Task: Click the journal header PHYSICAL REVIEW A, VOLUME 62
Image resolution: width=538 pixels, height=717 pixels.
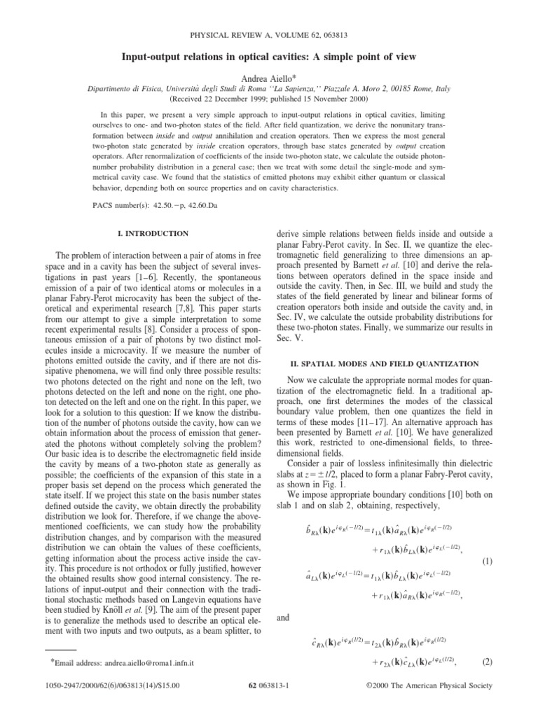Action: point(268,34)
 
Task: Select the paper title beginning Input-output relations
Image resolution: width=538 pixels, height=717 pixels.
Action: point(268,56)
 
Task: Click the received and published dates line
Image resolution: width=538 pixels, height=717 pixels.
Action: point(268,99)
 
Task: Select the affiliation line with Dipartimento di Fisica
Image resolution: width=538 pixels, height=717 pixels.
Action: point(268,89)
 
